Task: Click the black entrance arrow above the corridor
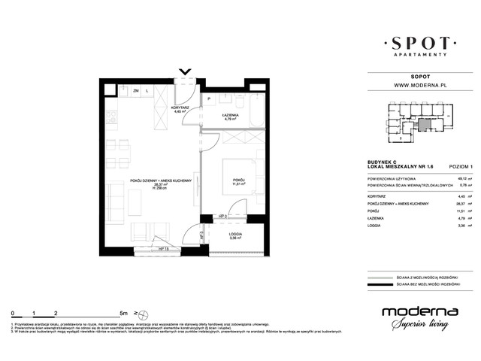(x=185, y=73)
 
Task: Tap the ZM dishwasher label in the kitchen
(x=136, y=91)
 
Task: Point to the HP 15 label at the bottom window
(x=163, y=247)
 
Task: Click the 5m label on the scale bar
(x=123, y=311)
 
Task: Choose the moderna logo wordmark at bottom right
(x=416, y=311)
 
